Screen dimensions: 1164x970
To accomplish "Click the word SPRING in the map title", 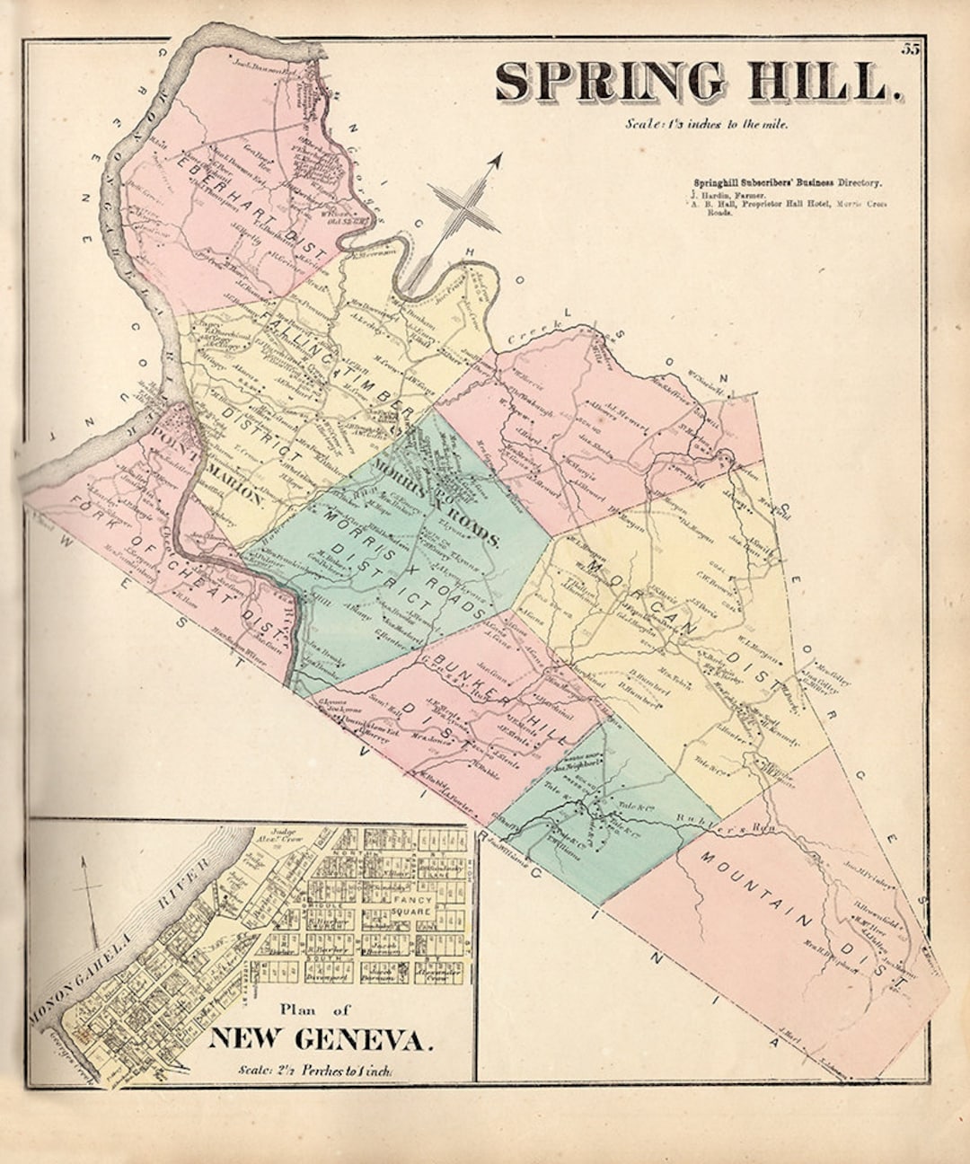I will coord(610,82).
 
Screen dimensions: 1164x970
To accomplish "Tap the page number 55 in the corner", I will coord(911,49).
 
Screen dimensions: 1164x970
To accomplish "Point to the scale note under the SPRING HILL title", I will coord(707,125).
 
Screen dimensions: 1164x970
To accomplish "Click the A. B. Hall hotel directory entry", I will coord(790,205).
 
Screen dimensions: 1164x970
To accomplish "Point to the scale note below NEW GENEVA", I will coord(315,1070).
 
